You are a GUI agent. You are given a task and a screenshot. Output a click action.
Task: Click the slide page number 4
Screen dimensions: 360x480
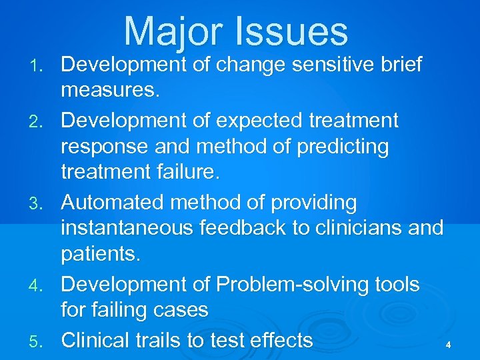[449, 345]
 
